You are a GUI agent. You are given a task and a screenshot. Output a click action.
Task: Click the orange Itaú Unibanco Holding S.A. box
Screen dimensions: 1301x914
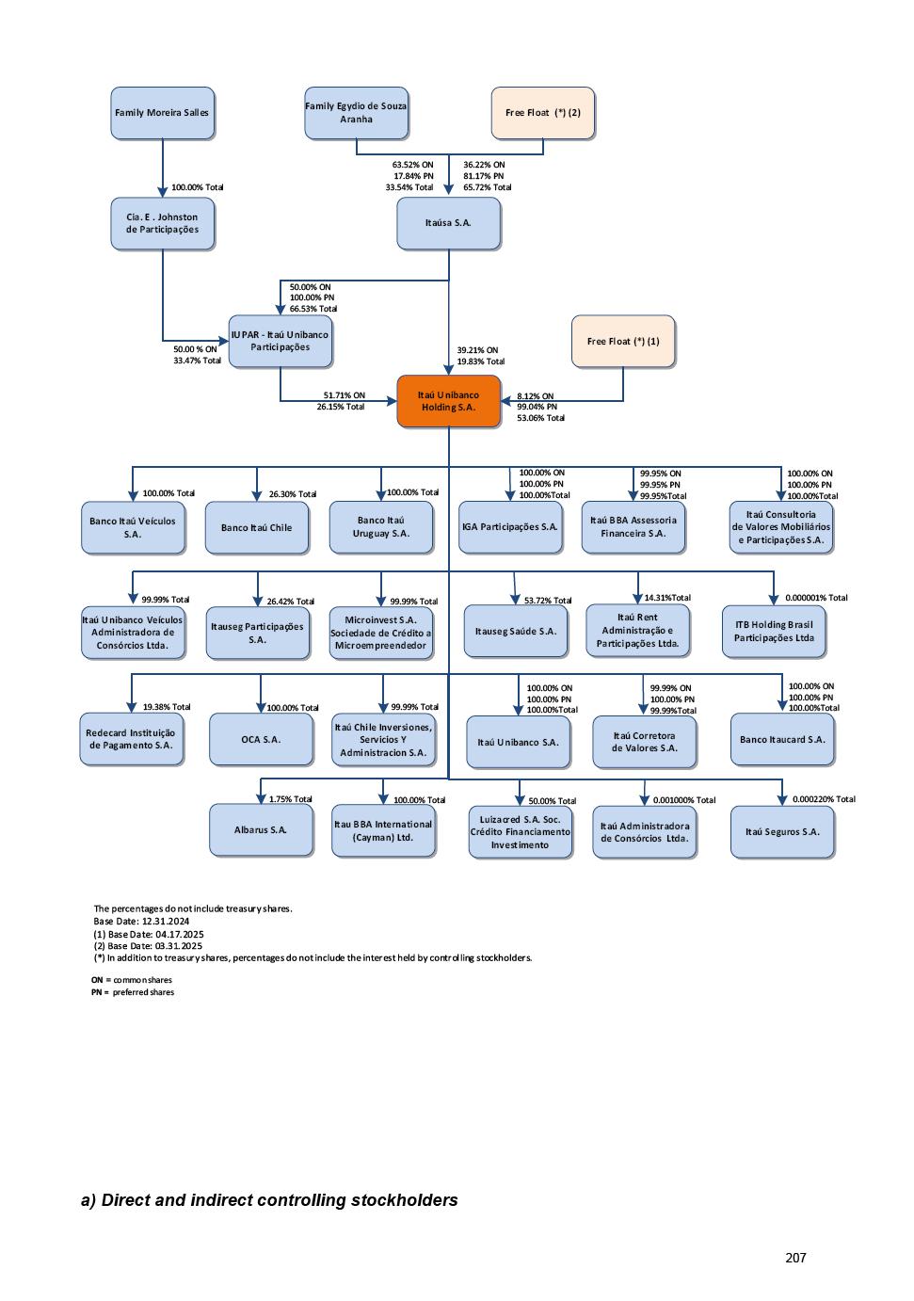pos(448,401)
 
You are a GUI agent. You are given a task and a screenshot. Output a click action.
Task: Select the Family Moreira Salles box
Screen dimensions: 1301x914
pos(162,113)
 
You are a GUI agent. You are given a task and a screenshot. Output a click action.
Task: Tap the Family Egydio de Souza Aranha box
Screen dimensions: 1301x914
pos(356,113)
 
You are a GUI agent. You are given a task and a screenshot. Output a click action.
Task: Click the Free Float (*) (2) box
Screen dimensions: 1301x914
pos(543,113)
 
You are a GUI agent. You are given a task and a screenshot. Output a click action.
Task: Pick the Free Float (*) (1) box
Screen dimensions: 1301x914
pos(623,341)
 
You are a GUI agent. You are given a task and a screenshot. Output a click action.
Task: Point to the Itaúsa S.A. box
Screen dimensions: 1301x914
pos(448,223)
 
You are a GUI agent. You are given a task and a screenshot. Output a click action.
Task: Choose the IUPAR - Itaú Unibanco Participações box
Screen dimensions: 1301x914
pos(281,341)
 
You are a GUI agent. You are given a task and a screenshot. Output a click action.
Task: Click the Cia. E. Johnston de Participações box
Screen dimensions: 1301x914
pos(162,223)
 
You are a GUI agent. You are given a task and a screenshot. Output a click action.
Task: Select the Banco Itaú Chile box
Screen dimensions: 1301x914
pos(257,527)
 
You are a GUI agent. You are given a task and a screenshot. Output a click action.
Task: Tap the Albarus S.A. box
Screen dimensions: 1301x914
pos(261,830)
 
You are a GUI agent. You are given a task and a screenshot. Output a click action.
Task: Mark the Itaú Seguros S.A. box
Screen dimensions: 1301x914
pos(782,831)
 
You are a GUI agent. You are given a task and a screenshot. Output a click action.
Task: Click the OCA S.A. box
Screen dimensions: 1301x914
pos(261,739)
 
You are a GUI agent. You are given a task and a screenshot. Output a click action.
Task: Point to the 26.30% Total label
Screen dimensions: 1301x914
pos(293,494)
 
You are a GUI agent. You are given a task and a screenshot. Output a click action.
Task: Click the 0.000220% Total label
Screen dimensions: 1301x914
pos(824,799)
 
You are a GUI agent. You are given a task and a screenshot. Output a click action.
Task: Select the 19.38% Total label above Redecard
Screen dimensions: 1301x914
pos(167,707)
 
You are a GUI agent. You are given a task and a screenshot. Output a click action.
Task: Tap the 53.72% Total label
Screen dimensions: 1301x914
pos(548,601)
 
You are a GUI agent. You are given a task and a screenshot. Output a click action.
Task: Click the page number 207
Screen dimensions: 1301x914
pos(795,1258)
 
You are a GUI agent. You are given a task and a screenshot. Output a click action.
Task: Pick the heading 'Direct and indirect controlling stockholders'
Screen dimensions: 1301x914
pos(269,1200)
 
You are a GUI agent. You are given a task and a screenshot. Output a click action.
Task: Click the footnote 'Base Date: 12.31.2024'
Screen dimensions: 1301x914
pos(141,922)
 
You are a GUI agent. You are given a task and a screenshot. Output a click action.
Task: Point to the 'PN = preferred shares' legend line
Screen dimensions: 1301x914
pos(133,992)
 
